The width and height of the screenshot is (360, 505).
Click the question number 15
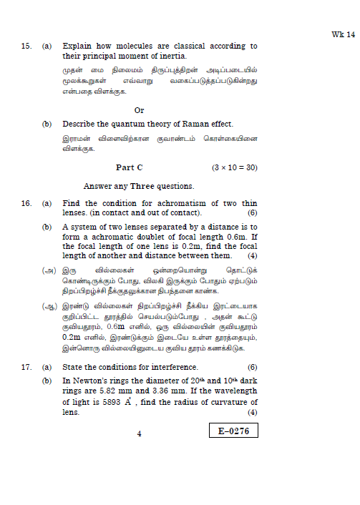tap(26, 46)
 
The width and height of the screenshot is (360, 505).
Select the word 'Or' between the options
tap(140, 110)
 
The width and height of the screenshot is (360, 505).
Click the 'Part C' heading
tap(130, 167)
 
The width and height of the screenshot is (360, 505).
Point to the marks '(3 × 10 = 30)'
tap(234, 167)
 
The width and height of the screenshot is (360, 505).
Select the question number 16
tap(26, 204)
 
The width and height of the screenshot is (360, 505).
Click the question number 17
tap(26, 366)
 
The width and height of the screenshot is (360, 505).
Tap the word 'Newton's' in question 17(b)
tap(90, 381)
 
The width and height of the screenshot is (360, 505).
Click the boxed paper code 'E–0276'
tap(233, 431)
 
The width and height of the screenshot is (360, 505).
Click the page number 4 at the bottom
tap(140, 433)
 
